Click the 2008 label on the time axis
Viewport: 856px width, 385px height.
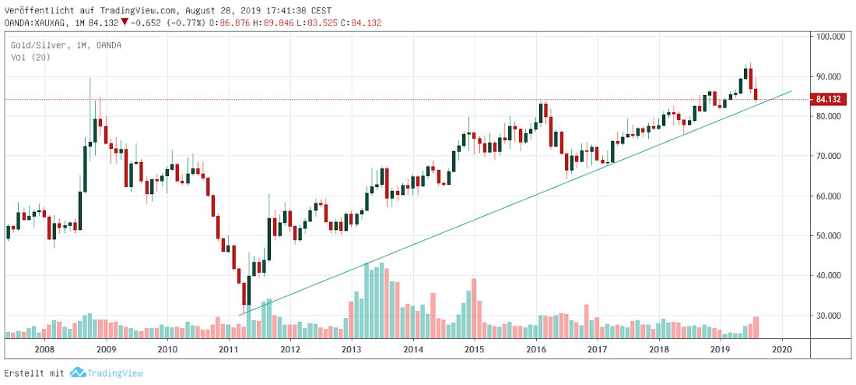coord(44,351)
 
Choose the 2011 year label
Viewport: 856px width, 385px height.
coord(229,351)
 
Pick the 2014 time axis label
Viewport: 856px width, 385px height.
coord(413,351)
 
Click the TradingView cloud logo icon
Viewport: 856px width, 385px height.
coord(76,373)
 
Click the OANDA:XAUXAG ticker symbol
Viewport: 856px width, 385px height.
coord(32,22)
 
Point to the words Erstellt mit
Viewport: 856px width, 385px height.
coord(34,373)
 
